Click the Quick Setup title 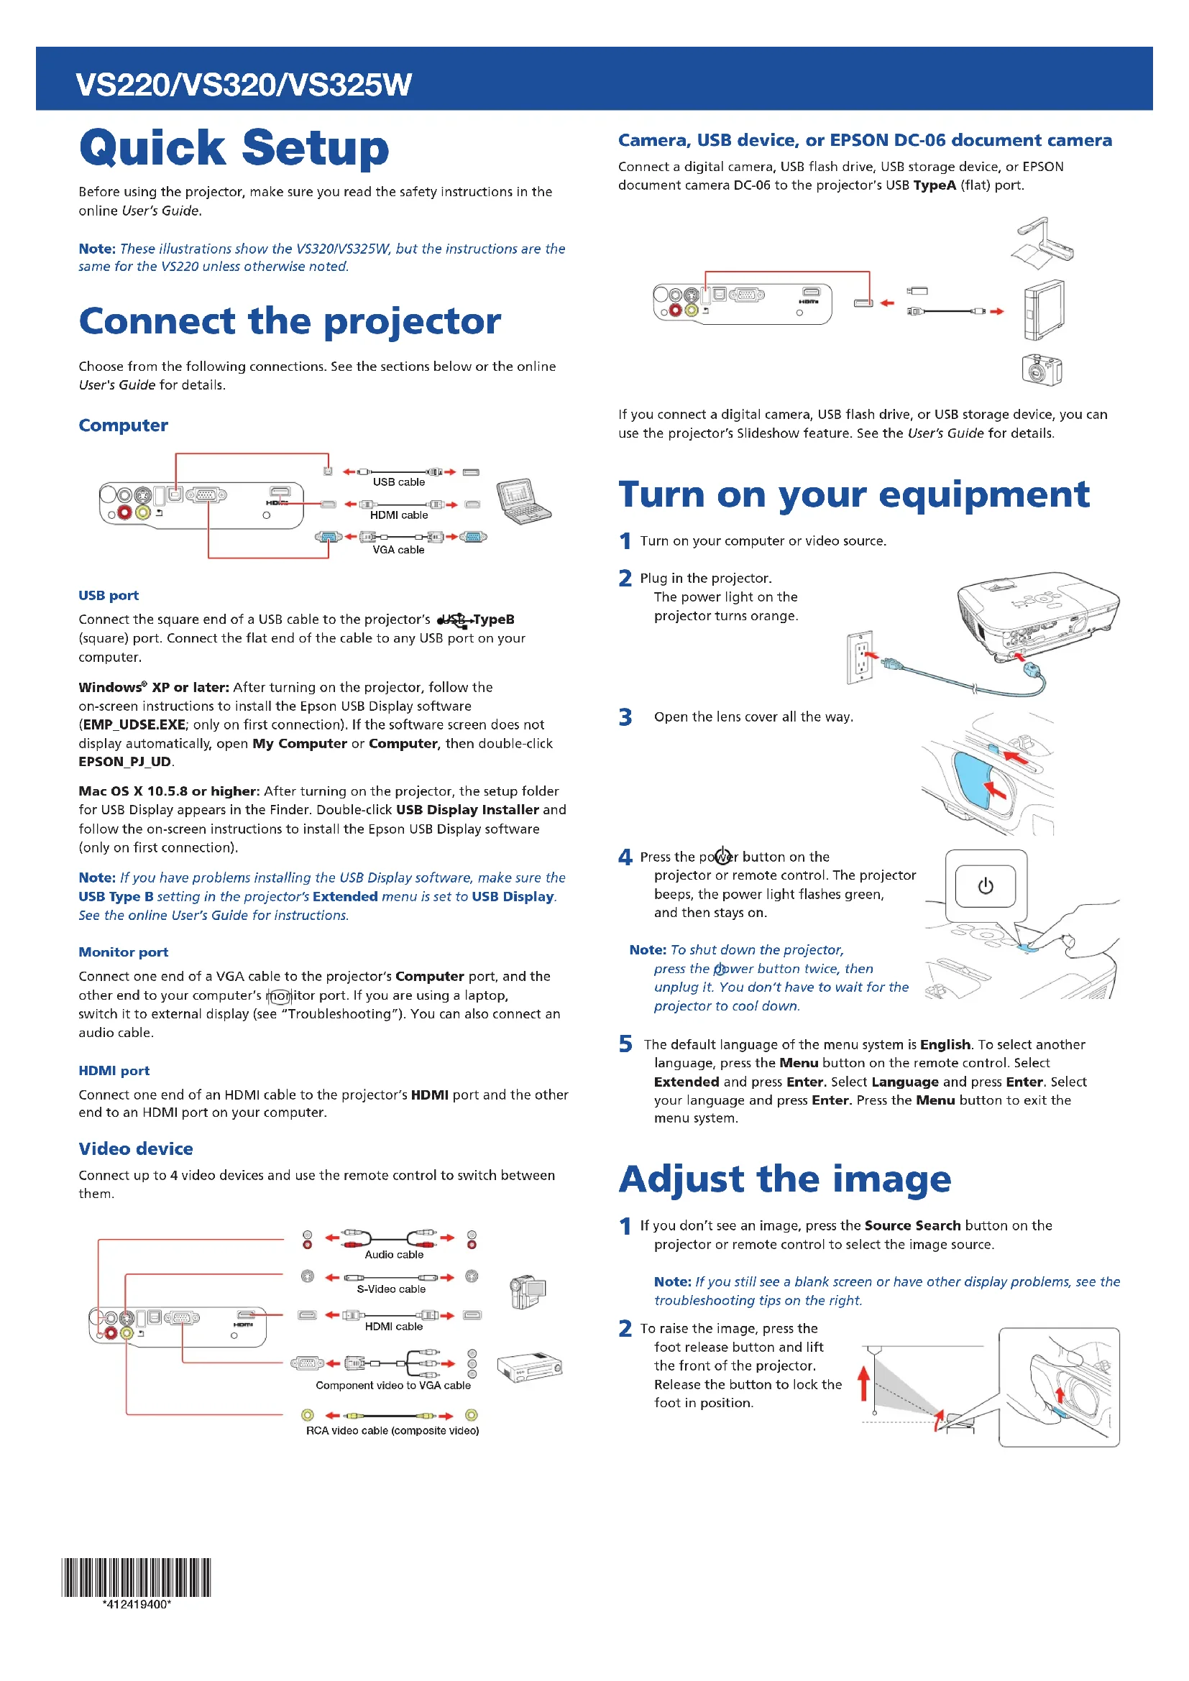click(234, 148)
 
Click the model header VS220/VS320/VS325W click(244, 85)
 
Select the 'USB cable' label click(398, 482)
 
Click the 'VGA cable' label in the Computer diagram click(398, 550)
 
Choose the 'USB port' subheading click(109, 595)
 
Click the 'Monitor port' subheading click(123, 952)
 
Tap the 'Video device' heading click(135, 1148)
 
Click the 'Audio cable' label click(394, 1254)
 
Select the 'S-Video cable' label click(391, 1289)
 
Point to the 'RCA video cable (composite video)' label click(392, 1430)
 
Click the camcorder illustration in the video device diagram click(528, 1291)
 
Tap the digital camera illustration click(1041, 369)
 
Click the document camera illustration click(1042, 239)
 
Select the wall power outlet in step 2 click(860, 657)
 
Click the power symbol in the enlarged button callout click(986, 886)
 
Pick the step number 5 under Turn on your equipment click(625, 1044)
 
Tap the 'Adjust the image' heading click(785, 1179)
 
